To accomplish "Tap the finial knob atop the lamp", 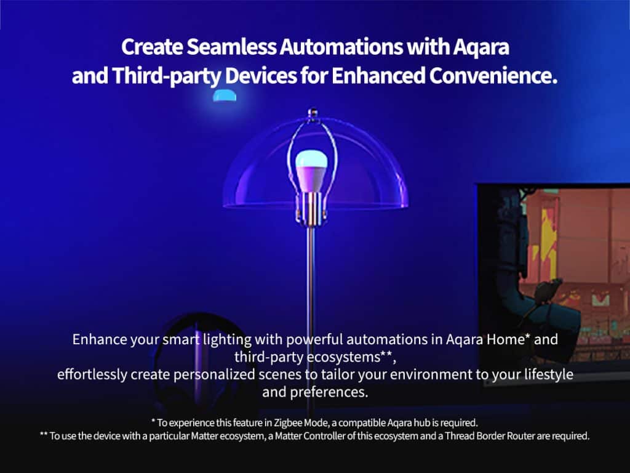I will tap(313, 113).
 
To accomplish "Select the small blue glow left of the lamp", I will tap(225, 95).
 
